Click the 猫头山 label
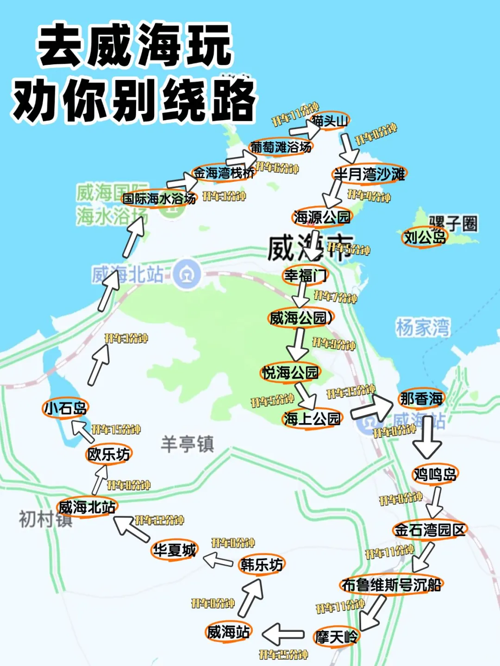pos(330,121)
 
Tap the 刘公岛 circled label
pos(425,238)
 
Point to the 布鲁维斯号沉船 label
pos(391,585)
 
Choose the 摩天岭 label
pos(336,637)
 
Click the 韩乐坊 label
pos(262,565)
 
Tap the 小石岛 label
pos(65,408)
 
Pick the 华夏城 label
pos(175,550)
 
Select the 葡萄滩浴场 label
pos(281,147)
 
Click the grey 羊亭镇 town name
pos(187,444)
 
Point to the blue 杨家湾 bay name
pos(423,327)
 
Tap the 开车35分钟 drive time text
pos(350,392)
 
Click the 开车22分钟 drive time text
pos(159,520)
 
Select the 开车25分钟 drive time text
pos(283,654)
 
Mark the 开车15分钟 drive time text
pos(116,429)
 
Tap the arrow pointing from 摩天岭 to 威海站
pos(283,634)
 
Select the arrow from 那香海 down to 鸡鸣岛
pos(427,437)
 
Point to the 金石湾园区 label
pos(429,530)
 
